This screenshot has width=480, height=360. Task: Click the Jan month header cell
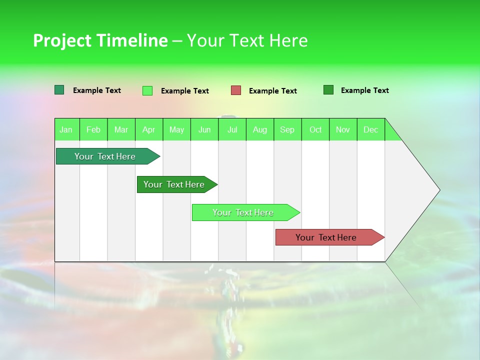[x=66, y=129]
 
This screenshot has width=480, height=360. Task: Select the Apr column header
[x=148, y=129]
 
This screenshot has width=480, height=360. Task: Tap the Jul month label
[x=232, y=129]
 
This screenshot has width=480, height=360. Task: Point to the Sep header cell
[x=287, y=129]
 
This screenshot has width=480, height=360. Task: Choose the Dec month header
[x=370, y=129]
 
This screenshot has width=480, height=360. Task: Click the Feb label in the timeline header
[x=93, y=129]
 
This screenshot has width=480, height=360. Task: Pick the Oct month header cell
[x=315, y=129]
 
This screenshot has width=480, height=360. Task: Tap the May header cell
[x=176, y=129]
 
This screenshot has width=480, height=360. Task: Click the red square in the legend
[x=236, y=90]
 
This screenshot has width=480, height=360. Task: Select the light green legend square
[x=147, y=90]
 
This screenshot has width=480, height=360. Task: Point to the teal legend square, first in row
[x=59, y=90]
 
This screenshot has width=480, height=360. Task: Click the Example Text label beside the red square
[x=272, y=91]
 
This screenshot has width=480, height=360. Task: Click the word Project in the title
[x=62, y=40]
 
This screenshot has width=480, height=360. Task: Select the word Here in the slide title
[x=288, y=40]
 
